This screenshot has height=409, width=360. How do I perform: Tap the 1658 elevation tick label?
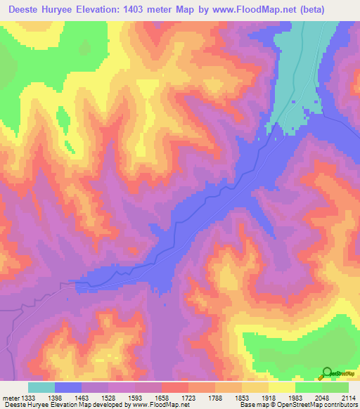click(169, 397)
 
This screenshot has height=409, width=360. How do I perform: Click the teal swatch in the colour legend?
click(41, 387)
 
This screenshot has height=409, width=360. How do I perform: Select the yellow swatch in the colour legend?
click(281, 387)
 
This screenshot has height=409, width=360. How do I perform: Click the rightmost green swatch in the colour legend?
click(335, 387)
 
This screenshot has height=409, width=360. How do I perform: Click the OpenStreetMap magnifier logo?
click(326, 372)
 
